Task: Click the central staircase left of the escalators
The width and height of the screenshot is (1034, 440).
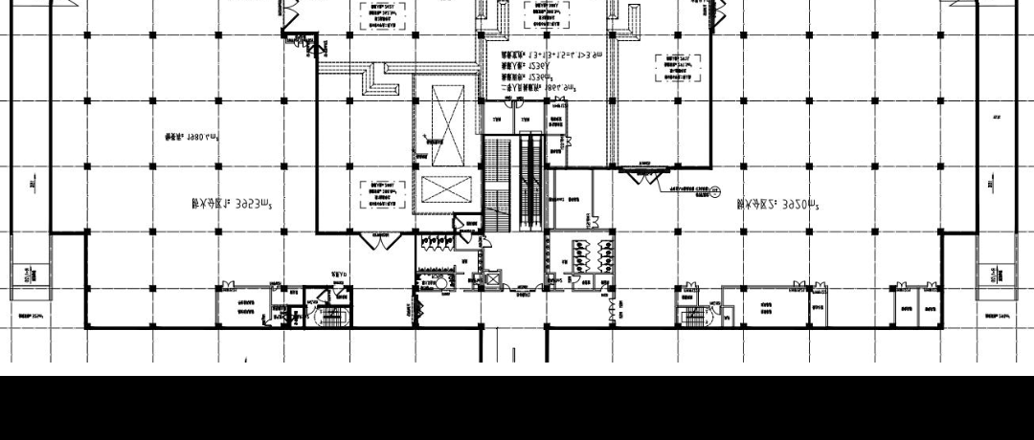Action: point(495,185)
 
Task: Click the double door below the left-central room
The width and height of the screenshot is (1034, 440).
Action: point(381,241)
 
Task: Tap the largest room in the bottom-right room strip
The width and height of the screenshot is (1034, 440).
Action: point(766,309)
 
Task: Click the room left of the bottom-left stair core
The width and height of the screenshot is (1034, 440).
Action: point(244,307)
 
